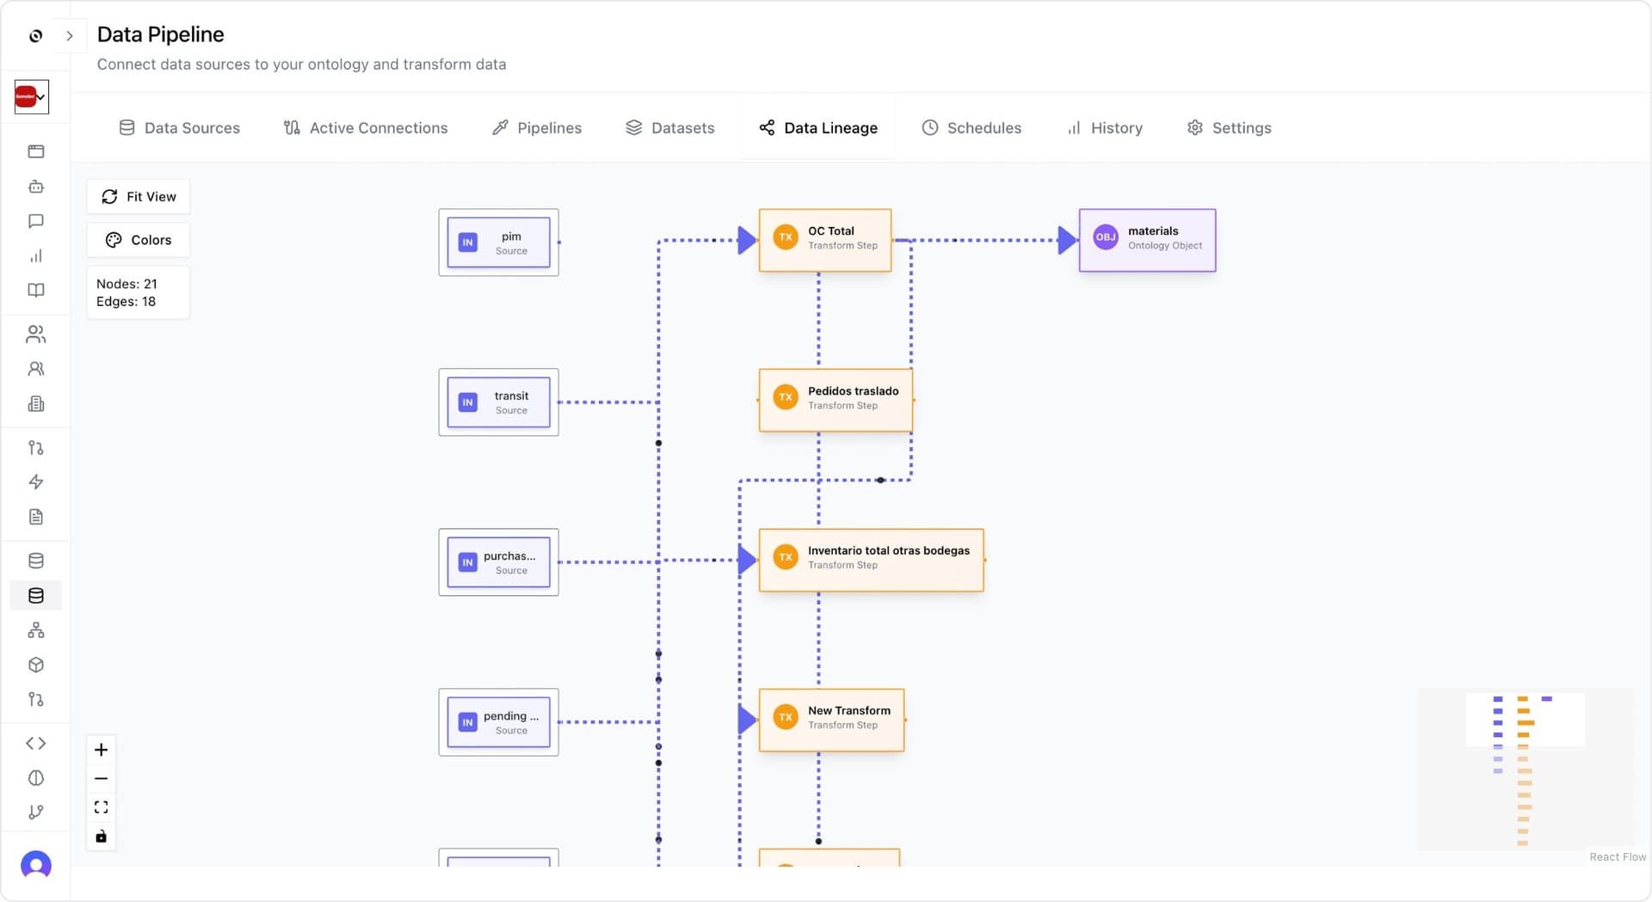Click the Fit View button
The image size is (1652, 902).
point(139,196)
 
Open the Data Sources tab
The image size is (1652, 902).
point(179,127)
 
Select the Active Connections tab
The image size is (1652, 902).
point(366,127)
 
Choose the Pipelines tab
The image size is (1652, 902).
point(537,127)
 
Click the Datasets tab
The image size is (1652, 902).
point(669,127)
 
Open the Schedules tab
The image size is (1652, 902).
point(971,127)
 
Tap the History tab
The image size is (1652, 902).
point(1105,127)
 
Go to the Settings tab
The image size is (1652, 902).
point(1229,127)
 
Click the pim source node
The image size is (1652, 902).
point(499,242)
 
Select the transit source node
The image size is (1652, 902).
point(499,402)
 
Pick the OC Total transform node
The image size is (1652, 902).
point(824,239)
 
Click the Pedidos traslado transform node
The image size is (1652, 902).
point(835,399)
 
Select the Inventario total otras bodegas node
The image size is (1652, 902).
point(871,559)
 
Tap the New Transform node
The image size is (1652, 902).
point(831,719)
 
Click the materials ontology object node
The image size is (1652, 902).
point(1147,239)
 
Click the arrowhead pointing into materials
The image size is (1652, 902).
point(1067,240)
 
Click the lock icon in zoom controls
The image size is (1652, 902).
point(101,836)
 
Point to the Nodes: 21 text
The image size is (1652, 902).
point(126,284)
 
